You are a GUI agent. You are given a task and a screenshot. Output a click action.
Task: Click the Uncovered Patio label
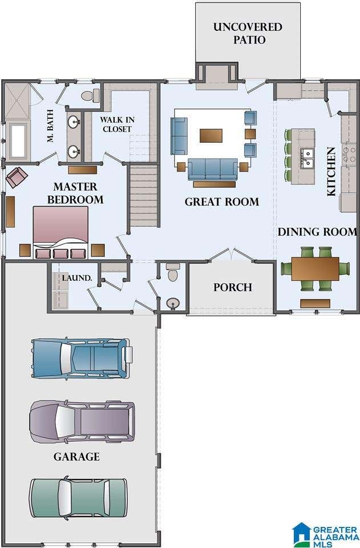tap(248, 33)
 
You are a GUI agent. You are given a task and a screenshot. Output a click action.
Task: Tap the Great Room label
tap(222, 202)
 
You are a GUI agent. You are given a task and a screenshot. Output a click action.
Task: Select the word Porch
tap(233, 287)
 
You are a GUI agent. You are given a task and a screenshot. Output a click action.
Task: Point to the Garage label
tap(76, 457)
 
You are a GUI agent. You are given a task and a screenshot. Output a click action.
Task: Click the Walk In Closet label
tap(117, 124)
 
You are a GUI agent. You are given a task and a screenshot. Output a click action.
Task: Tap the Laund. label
tap(77, 278)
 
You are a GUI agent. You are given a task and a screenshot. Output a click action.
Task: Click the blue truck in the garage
tap(82, 358)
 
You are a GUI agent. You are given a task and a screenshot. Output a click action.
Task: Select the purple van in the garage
tap(82, 421)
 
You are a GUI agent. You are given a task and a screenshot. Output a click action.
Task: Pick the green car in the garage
tap(78, 497)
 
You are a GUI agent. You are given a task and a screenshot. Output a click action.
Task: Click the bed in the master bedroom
tap(60, 232)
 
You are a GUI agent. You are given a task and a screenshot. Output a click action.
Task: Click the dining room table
tap(315, 269)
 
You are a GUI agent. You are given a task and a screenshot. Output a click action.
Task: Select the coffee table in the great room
tap(211, 136)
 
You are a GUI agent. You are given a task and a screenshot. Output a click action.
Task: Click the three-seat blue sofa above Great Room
tap(213, 169)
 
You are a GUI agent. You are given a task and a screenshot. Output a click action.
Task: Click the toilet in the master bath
tap(90, 95)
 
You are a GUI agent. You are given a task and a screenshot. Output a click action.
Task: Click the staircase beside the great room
tap(144, 196)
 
